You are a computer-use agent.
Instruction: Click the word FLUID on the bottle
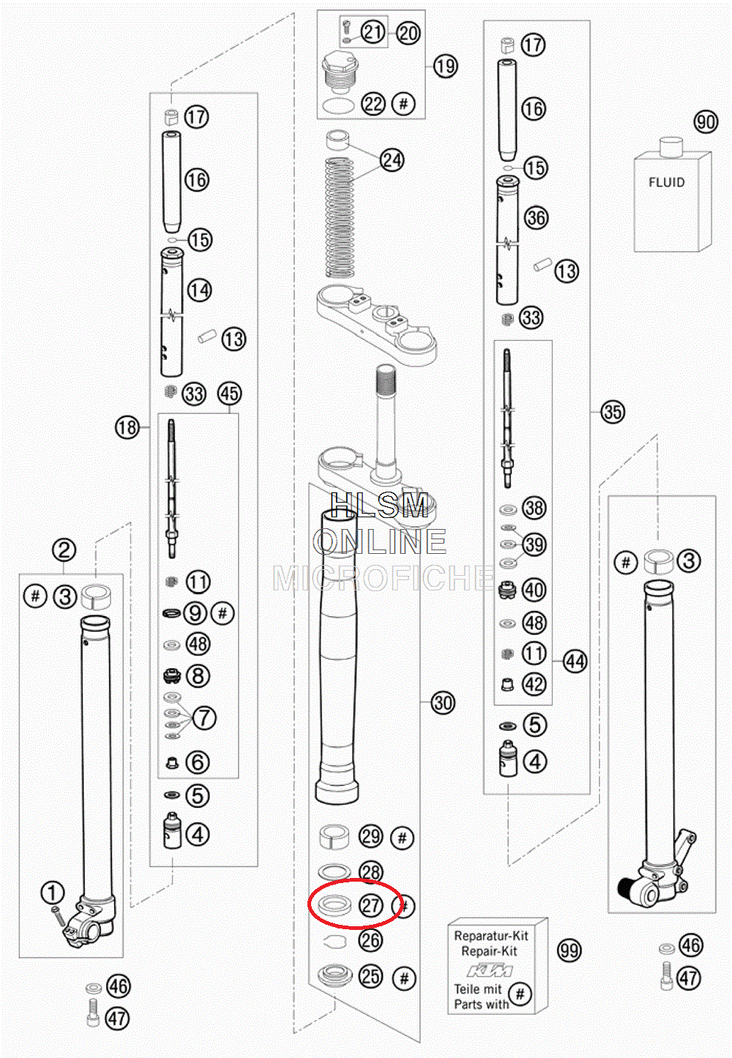(x=666, y=182)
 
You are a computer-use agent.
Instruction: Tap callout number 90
(x=706, y=122)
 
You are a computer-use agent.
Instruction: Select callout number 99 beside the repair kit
(x=569, y=950)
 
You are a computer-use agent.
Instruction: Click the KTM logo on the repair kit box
(x=490, y=971)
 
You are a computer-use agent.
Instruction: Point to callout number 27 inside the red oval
(x=371, y=905)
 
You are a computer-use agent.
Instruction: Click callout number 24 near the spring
(x=392, y=160)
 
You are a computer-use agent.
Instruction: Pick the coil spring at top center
(x=340, y=218)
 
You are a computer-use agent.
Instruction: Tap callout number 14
(x=199, y=290)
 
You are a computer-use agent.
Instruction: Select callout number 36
(x=537, y=218)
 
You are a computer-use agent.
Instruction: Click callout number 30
(x=443, y=703)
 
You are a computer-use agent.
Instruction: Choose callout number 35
(x=613, y=412)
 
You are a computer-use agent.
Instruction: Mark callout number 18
(x=127, y=428)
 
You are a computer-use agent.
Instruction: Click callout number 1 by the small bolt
(x=53, y=893)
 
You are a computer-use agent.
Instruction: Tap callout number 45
(x=230, y=394)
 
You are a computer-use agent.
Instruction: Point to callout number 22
(x=373, y=104)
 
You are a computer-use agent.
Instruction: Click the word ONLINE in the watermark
(x=380, y=541)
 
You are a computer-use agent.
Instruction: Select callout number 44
(x=575, y=661)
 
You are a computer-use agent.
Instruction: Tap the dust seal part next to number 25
(x=335, y=976)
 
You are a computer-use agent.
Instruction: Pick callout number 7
(x=203, y=719)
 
